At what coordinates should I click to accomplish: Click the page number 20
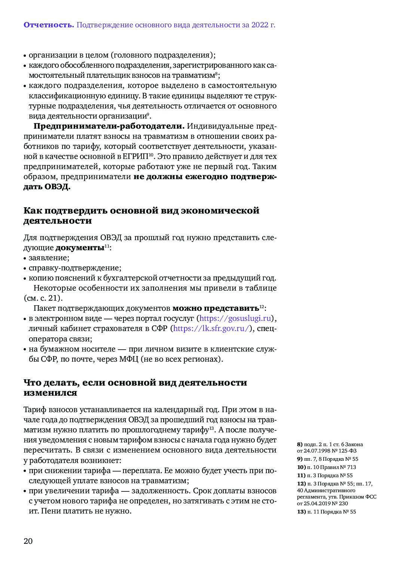coord(28,541)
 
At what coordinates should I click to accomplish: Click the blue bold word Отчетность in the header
coord(49,25)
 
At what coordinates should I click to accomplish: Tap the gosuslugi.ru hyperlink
coord(235,318)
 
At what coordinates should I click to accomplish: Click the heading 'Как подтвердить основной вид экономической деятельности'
coord(141,215)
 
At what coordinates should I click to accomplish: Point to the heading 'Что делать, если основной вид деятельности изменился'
coord(135,387)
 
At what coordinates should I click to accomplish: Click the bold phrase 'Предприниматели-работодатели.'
coord(109,126)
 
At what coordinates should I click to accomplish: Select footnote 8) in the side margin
coord(330,447)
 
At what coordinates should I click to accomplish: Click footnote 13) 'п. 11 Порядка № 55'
coord(327,512)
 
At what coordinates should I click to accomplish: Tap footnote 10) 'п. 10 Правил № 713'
coord(327,467)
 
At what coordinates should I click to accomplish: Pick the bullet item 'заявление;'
coord(49,258)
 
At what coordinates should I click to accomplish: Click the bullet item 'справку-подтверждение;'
coord(75,268)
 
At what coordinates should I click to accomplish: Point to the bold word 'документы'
coord(80,248)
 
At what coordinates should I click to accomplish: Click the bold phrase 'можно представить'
coord(215,308)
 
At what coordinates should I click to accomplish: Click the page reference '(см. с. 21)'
coord(43,298)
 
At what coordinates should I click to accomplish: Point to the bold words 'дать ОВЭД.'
coord(47,187)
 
